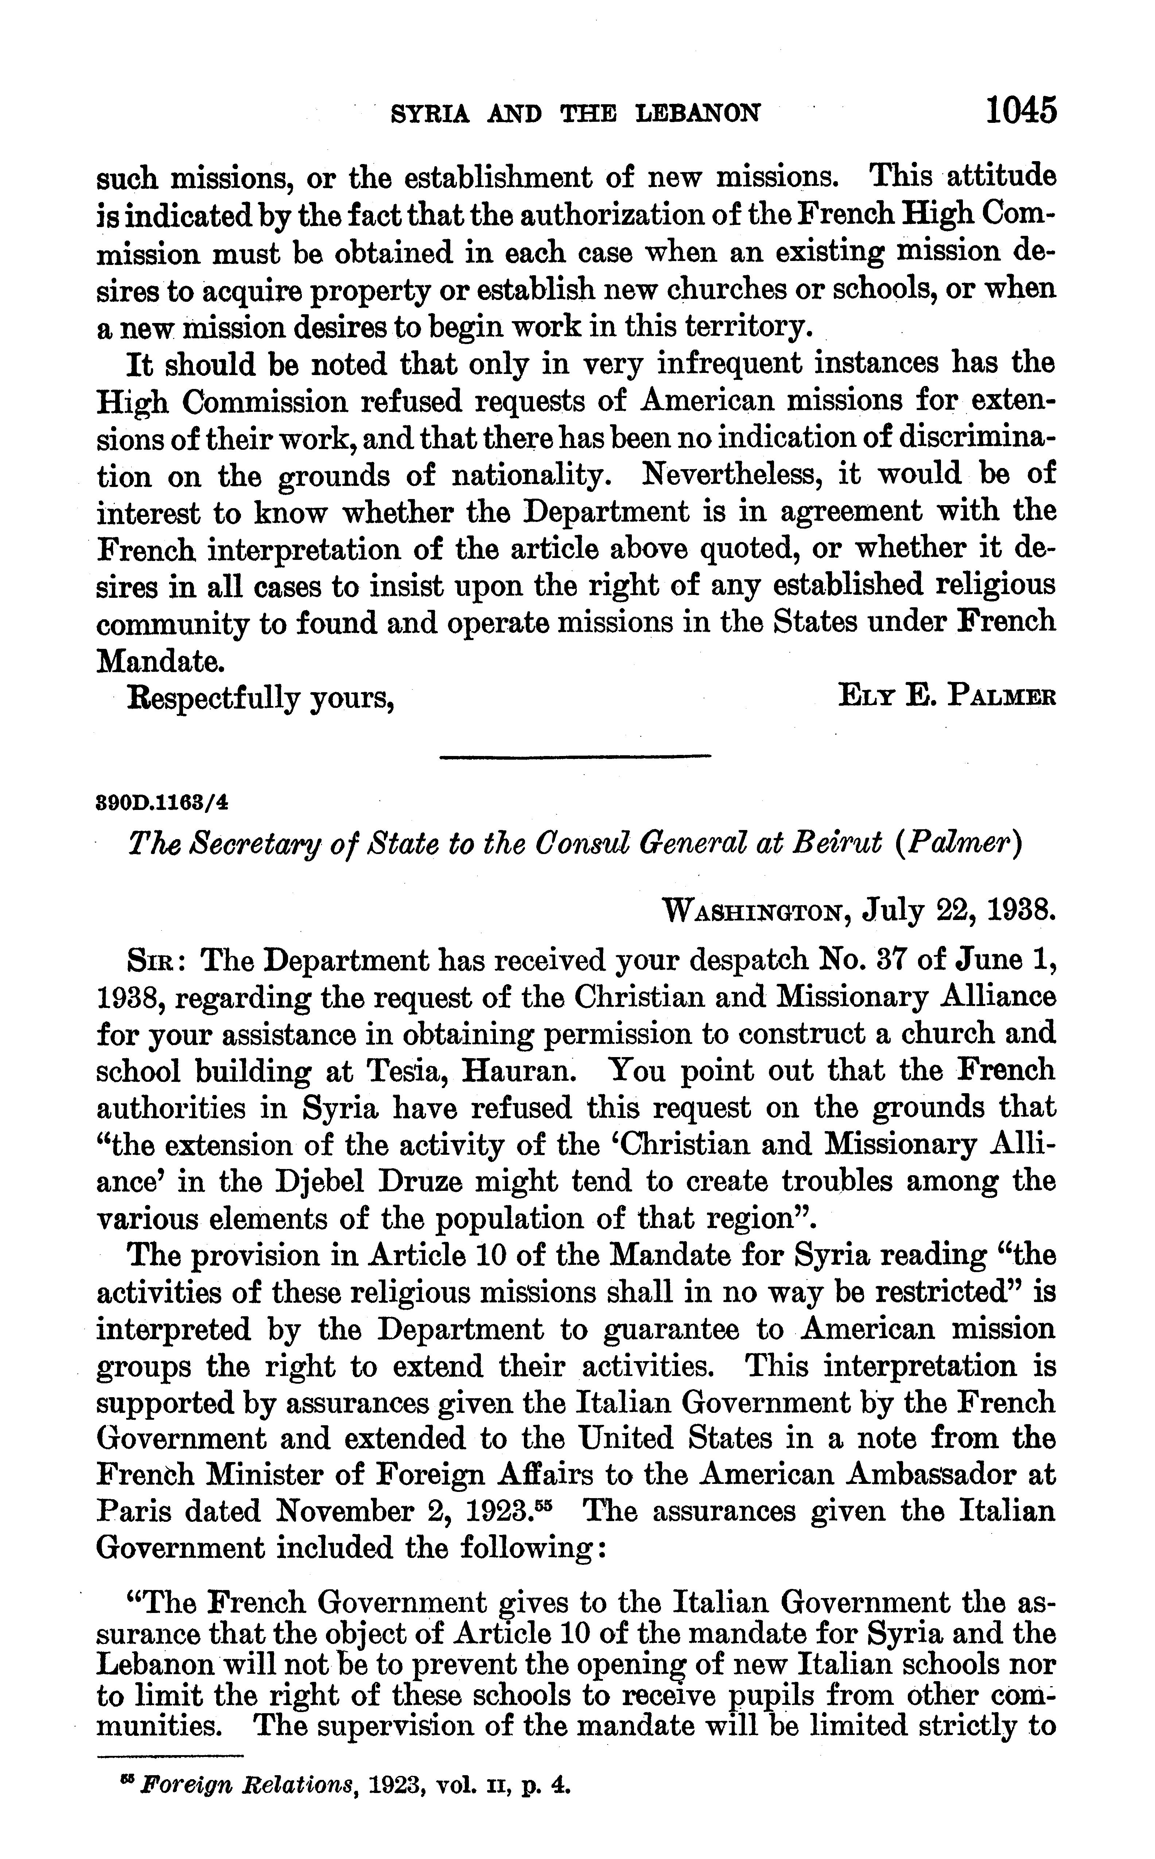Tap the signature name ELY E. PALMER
pyautogui.click(x=947, y=697)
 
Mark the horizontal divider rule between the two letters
pyautogui.click(x=575, y=757)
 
